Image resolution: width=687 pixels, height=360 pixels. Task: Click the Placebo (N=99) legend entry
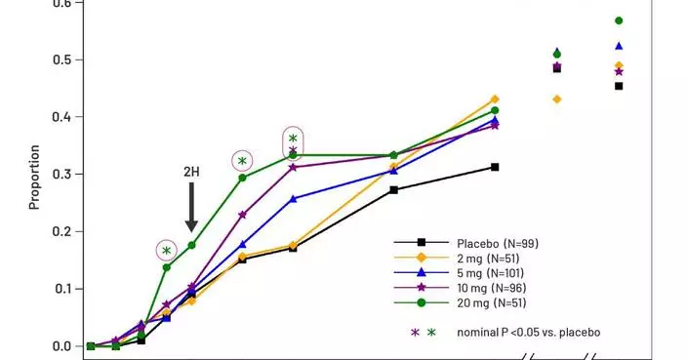[x=498, y=242]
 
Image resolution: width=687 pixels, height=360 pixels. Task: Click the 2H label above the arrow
[x=191, y=172]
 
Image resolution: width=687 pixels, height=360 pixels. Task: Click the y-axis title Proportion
[x=34, y=177]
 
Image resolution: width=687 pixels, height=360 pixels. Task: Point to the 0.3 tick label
[x=62, y=175]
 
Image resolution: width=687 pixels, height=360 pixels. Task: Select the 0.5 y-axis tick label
[x=62, y=60]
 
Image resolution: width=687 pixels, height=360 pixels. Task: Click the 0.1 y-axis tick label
[x=62, y=289]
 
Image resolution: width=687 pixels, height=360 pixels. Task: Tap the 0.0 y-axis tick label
[x=62, y=346]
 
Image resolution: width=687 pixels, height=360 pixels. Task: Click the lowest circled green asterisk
[x=166, y=251]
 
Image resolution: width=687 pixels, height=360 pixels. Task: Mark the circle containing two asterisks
[x=293, y=143]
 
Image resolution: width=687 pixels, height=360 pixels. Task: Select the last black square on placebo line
[x=495, y=167]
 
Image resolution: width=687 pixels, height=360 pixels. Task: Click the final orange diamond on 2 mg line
[x=495, y=100]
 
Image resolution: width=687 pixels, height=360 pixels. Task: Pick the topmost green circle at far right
[x=619, y=20]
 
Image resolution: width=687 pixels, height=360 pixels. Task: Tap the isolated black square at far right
[x=619, y=86]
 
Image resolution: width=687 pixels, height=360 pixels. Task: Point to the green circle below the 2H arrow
[x=191, y=245]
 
